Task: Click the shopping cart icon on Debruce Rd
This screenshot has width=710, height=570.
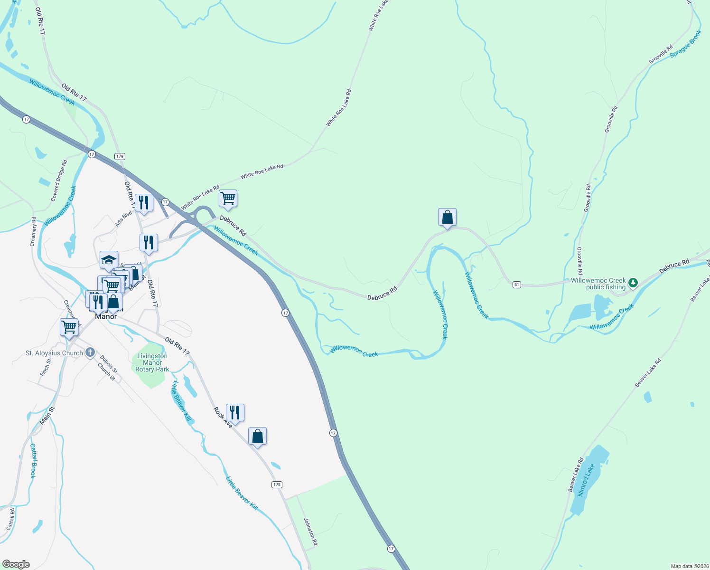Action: [x=228, y=198]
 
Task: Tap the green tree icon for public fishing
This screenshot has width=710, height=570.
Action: [x=633, y=283]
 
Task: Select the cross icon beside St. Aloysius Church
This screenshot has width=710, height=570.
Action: [x=90, y=353]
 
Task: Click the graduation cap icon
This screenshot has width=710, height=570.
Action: [x=109, y=260]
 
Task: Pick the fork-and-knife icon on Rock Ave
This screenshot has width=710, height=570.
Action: [x=235, y=412]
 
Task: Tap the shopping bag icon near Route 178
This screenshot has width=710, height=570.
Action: [x=257, y=436]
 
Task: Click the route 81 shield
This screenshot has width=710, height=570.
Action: [x=517, y=285]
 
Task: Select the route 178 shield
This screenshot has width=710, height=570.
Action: [x=277, y=484]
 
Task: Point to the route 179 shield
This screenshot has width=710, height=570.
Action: [x=120, y=156]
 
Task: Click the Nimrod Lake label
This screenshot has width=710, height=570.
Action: [x=586, y=480]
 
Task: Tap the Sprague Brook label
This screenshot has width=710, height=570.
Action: [x=686, y=44]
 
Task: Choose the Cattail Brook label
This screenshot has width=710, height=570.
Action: [x=33, y=461]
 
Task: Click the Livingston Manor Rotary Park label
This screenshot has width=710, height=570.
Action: [x=152, y=362]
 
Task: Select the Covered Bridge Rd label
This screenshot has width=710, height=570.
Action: [x=59, y=180]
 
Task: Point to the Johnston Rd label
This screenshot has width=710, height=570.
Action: [x=310, y=532]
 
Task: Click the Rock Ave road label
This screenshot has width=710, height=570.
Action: [x=223, y=418]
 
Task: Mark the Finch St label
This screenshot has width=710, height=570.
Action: [x=45, y=368]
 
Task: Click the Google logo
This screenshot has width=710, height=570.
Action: [x=16, y=564]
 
